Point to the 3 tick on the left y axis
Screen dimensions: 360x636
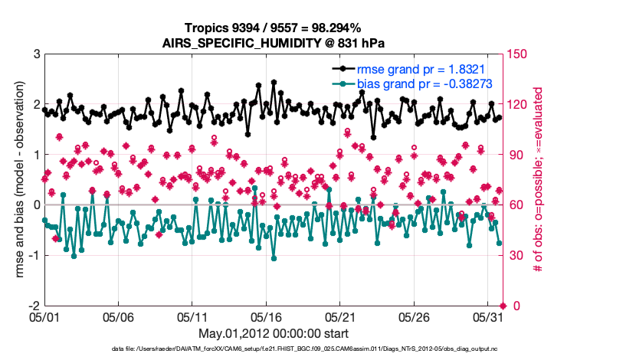pos(35,54)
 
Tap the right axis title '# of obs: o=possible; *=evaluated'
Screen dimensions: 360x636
pos(538,180)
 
